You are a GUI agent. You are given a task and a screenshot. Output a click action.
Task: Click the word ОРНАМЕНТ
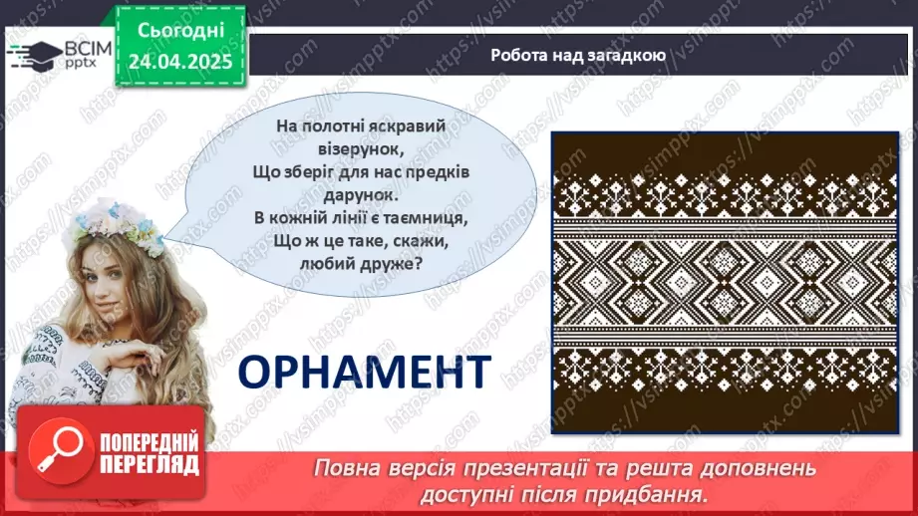click(x=364, y=371)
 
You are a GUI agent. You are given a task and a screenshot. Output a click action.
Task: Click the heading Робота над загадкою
click(x=578, y=55)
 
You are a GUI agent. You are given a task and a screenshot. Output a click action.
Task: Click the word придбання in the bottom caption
click(x=645, y=492)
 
